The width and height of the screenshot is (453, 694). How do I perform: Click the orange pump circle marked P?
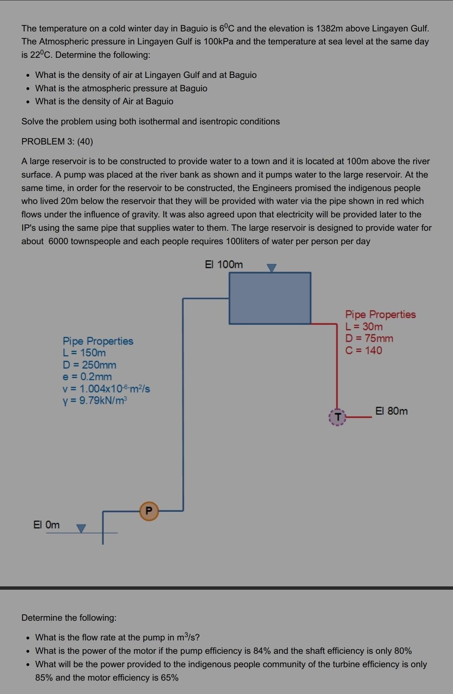[x=148, y=511]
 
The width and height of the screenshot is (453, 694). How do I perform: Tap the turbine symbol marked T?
[x=336, y=417]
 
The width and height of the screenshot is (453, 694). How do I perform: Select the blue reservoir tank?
[x=270, y=298]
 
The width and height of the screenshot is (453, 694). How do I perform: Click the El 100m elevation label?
[x=224, y=265]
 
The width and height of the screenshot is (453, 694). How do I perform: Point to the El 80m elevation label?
[x=391, y=411]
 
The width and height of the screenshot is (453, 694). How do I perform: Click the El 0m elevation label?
[x=46, y=525]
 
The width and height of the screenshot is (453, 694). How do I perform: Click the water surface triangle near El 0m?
[x=81, y=529]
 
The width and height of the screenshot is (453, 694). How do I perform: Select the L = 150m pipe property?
[x=84, y=353]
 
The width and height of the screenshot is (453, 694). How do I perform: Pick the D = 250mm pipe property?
[x=89, y=365]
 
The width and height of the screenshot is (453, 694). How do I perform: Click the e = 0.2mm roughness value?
[x=87, y=377]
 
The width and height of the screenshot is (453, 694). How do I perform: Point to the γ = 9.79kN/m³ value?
[x=94, y=400]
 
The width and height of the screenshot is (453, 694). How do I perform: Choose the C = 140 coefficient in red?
[x=364, y=351]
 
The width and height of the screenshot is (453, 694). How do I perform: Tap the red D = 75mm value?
[x=369, y=338]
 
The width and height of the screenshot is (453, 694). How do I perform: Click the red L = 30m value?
[x=364, y=326]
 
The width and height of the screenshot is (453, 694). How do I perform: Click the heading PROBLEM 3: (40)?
[x=57, y=142]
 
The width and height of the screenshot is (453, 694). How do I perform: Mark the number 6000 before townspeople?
[x=58, y=241]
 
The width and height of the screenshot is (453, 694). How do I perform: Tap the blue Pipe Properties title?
[x=98, y=341]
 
